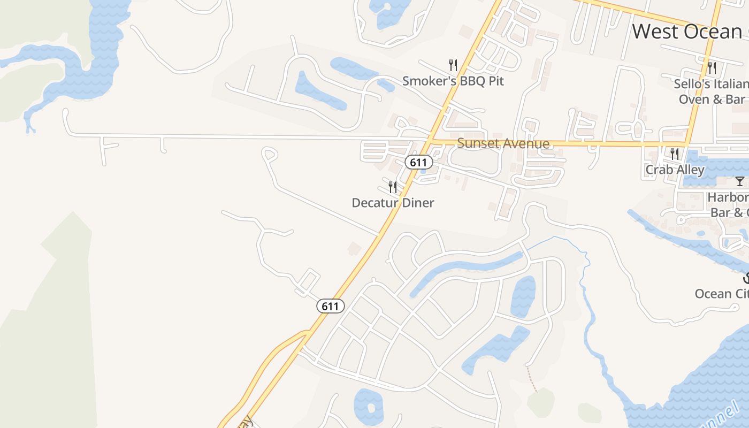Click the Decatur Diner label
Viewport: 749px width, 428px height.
click(x=393, y=203)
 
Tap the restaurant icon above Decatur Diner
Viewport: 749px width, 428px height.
click(x=393, y=187)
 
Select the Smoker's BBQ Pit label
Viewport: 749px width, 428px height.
click(x=453, y=81)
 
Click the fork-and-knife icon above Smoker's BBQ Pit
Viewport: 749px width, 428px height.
click(x=453, y=65)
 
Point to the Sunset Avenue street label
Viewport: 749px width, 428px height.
click(x=503, y=143)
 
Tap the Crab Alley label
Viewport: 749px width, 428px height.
click(x=675, y=170)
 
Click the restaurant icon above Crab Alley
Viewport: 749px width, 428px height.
click(x=675, y=154)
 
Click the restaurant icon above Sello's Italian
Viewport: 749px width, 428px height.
click(x=712, y=67)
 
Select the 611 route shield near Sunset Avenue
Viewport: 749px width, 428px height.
click(x=418, y=162)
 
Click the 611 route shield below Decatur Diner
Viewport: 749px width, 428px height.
click(x=331, y=306)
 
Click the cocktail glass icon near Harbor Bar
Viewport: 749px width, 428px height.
click(x=739, y=181)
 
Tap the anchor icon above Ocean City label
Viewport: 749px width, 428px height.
click(x=746, y=278)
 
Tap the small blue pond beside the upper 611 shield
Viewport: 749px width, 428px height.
click(x=423, y=171)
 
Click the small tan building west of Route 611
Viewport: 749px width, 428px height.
click(x=354, y=248)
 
